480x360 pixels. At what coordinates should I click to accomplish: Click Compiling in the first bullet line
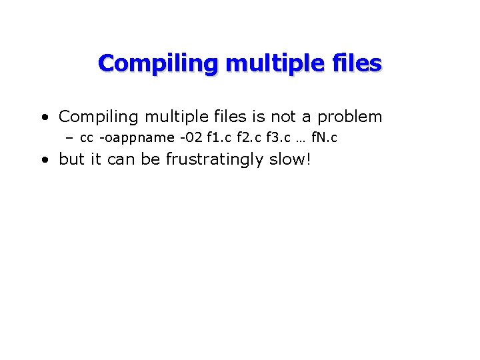pyautogui.click(x=98, y=117)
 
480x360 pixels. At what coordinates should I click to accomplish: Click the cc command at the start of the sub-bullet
pyautogui.click(x=87, y=139)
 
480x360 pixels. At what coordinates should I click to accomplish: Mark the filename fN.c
pyautogui.click(x=324, y=139)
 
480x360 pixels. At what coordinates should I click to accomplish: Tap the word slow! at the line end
pyautogui.click(x=290, y=161)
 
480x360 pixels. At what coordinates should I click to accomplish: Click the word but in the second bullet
pyautogui.click(x=71, y=161)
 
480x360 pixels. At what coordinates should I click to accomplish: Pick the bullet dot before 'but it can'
pyautogui.click(x=44, y=161)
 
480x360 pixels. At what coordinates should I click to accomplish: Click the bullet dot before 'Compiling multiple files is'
pyautogui.click(x=44, y=118)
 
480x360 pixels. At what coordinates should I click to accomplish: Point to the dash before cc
pyautogui.click(x=69, y=139)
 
